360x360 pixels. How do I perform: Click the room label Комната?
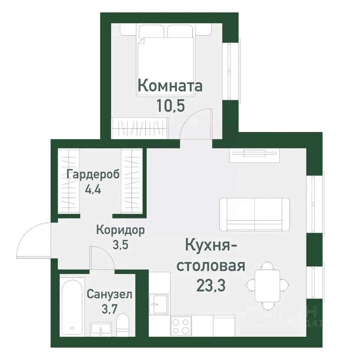click(x=170, y=86)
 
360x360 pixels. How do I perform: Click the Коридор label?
click(x=120, y=230)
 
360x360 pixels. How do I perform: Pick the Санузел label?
click(x=109, y=294)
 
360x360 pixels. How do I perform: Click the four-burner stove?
click(x=181, y=325)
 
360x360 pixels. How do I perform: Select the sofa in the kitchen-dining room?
click(x=255, y=215)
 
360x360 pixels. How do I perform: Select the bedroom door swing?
click(x=197, y=124)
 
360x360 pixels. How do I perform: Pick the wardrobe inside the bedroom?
click(x=139, y=129)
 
